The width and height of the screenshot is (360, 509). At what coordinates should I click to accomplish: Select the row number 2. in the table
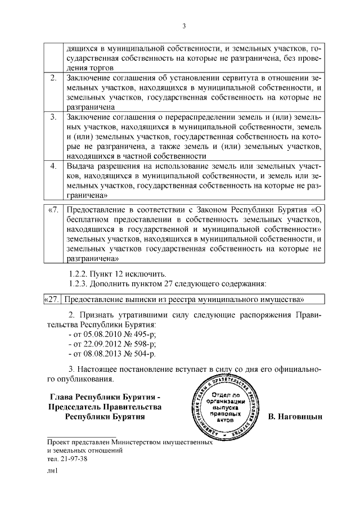click(53, 78)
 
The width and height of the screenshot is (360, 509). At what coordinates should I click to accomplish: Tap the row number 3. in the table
click(53, 118)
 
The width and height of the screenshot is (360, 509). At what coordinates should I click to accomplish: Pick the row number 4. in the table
click(53, 167)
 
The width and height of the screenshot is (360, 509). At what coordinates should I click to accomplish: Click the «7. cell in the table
click(53, 210)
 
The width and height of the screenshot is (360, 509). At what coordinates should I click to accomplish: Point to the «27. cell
click(52, 299)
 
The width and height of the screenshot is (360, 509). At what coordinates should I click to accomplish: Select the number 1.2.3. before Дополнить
click(79, 282)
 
